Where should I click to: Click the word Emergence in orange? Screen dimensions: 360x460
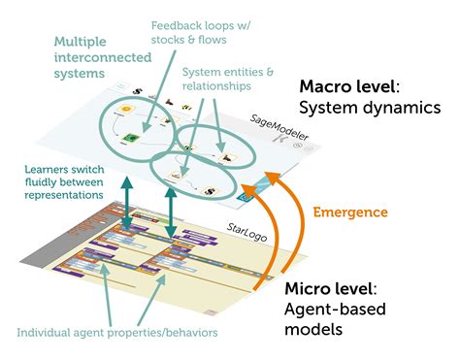(349, 212)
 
